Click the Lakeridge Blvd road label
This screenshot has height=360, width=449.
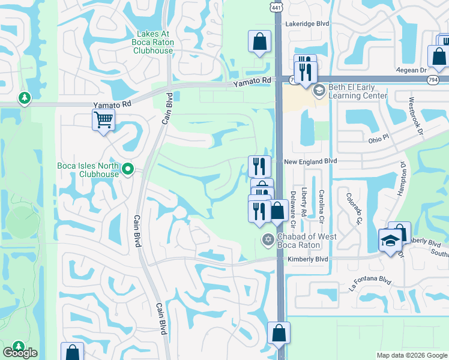pyautogui.click(x=309, y=23)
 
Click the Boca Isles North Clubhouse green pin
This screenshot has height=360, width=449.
pyautogui.click(x=127, y=170)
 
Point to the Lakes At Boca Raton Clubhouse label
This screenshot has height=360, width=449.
pyautogui.click(x=155, y=42)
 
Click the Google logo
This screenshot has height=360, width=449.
pyautogui.click(x=20, y=353)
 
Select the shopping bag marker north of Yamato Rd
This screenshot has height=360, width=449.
pyautogui.click(x=259, y=43)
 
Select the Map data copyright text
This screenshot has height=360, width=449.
pyautogui.click(x=412, y=355)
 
